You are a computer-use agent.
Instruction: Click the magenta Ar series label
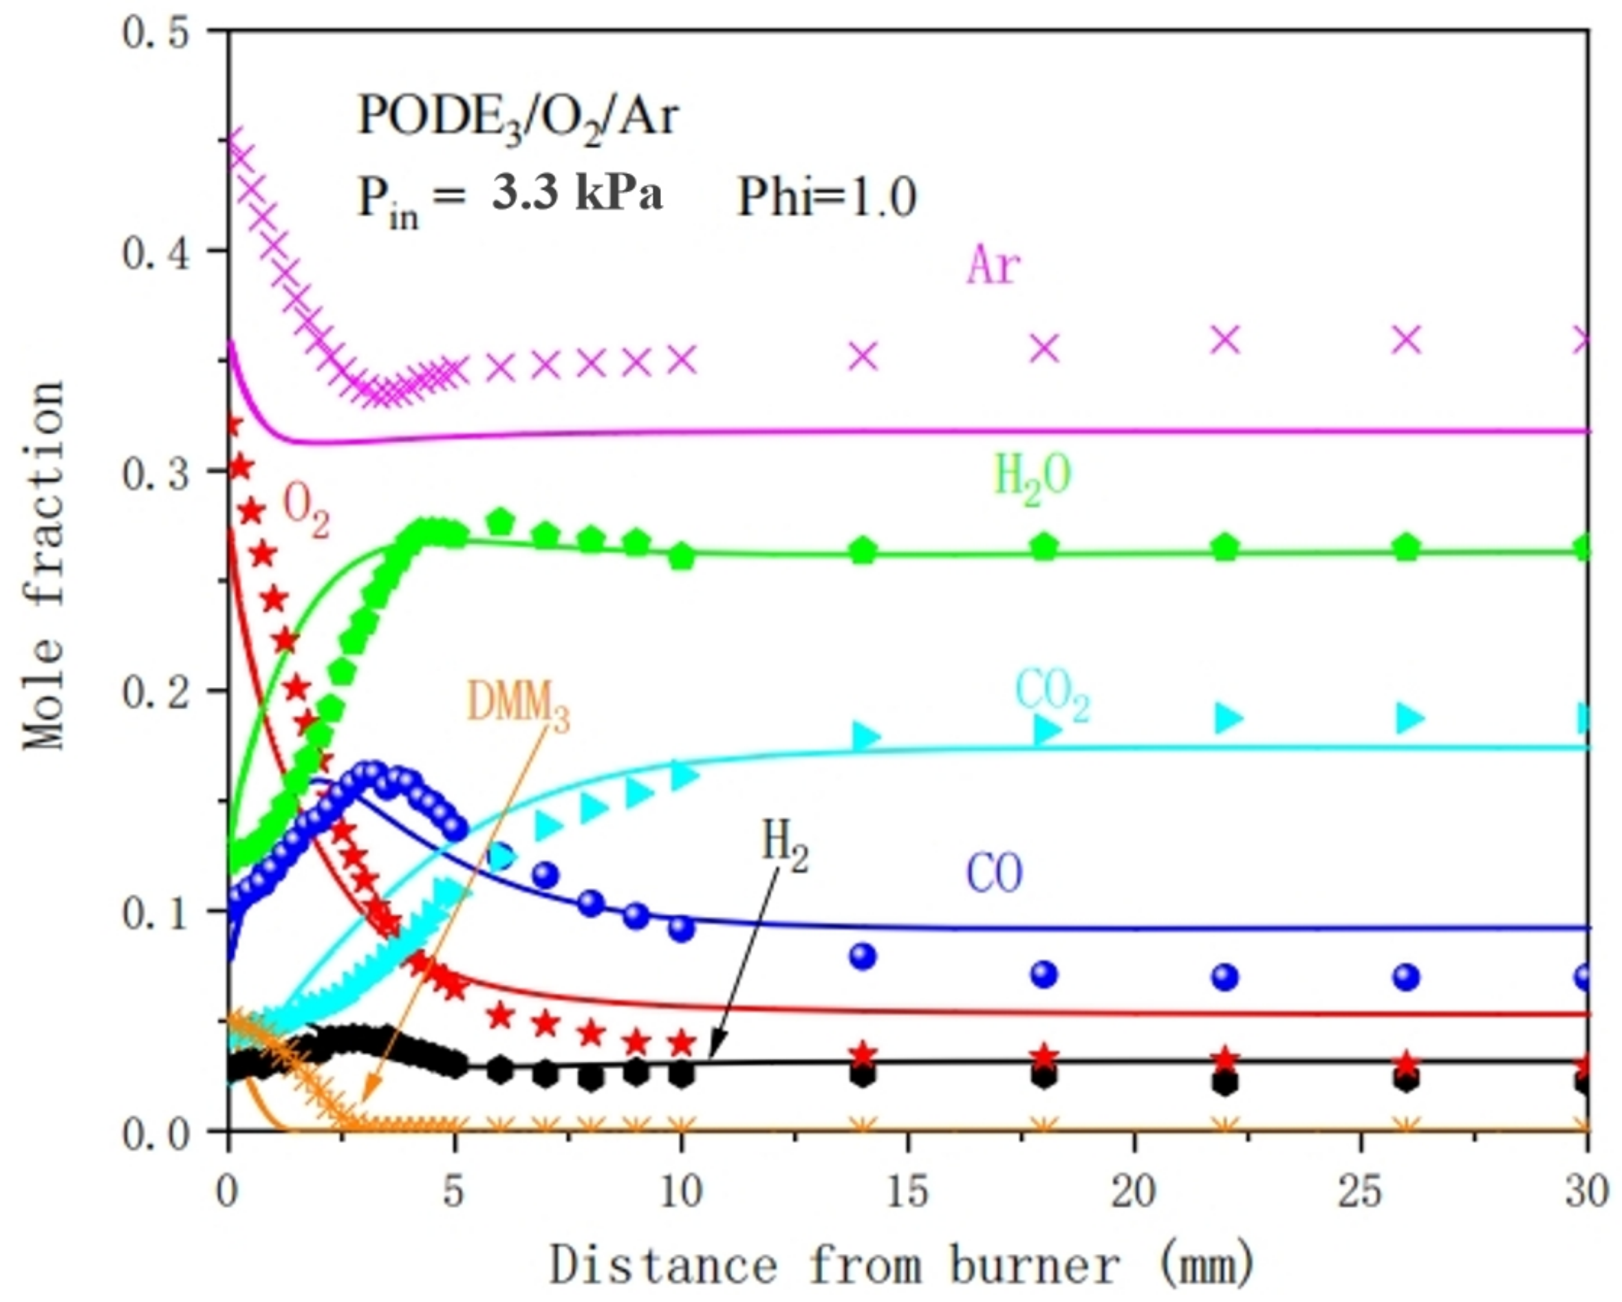tap(993, 265)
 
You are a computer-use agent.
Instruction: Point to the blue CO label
tap(994, 875)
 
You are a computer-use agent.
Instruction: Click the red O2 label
tap(305, 512)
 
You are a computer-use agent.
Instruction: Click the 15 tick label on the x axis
tap(907, 1193)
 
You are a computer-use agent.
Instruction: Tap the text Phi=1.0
tap(826, 199)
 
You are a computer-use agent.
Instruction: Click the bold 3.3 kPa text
tap(578, 194)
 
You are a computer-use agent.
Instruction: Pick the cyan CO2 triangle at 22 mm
tap(1227, 717)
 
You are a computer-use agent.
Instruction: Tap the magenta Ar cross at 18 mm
tap(1044, 347)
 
